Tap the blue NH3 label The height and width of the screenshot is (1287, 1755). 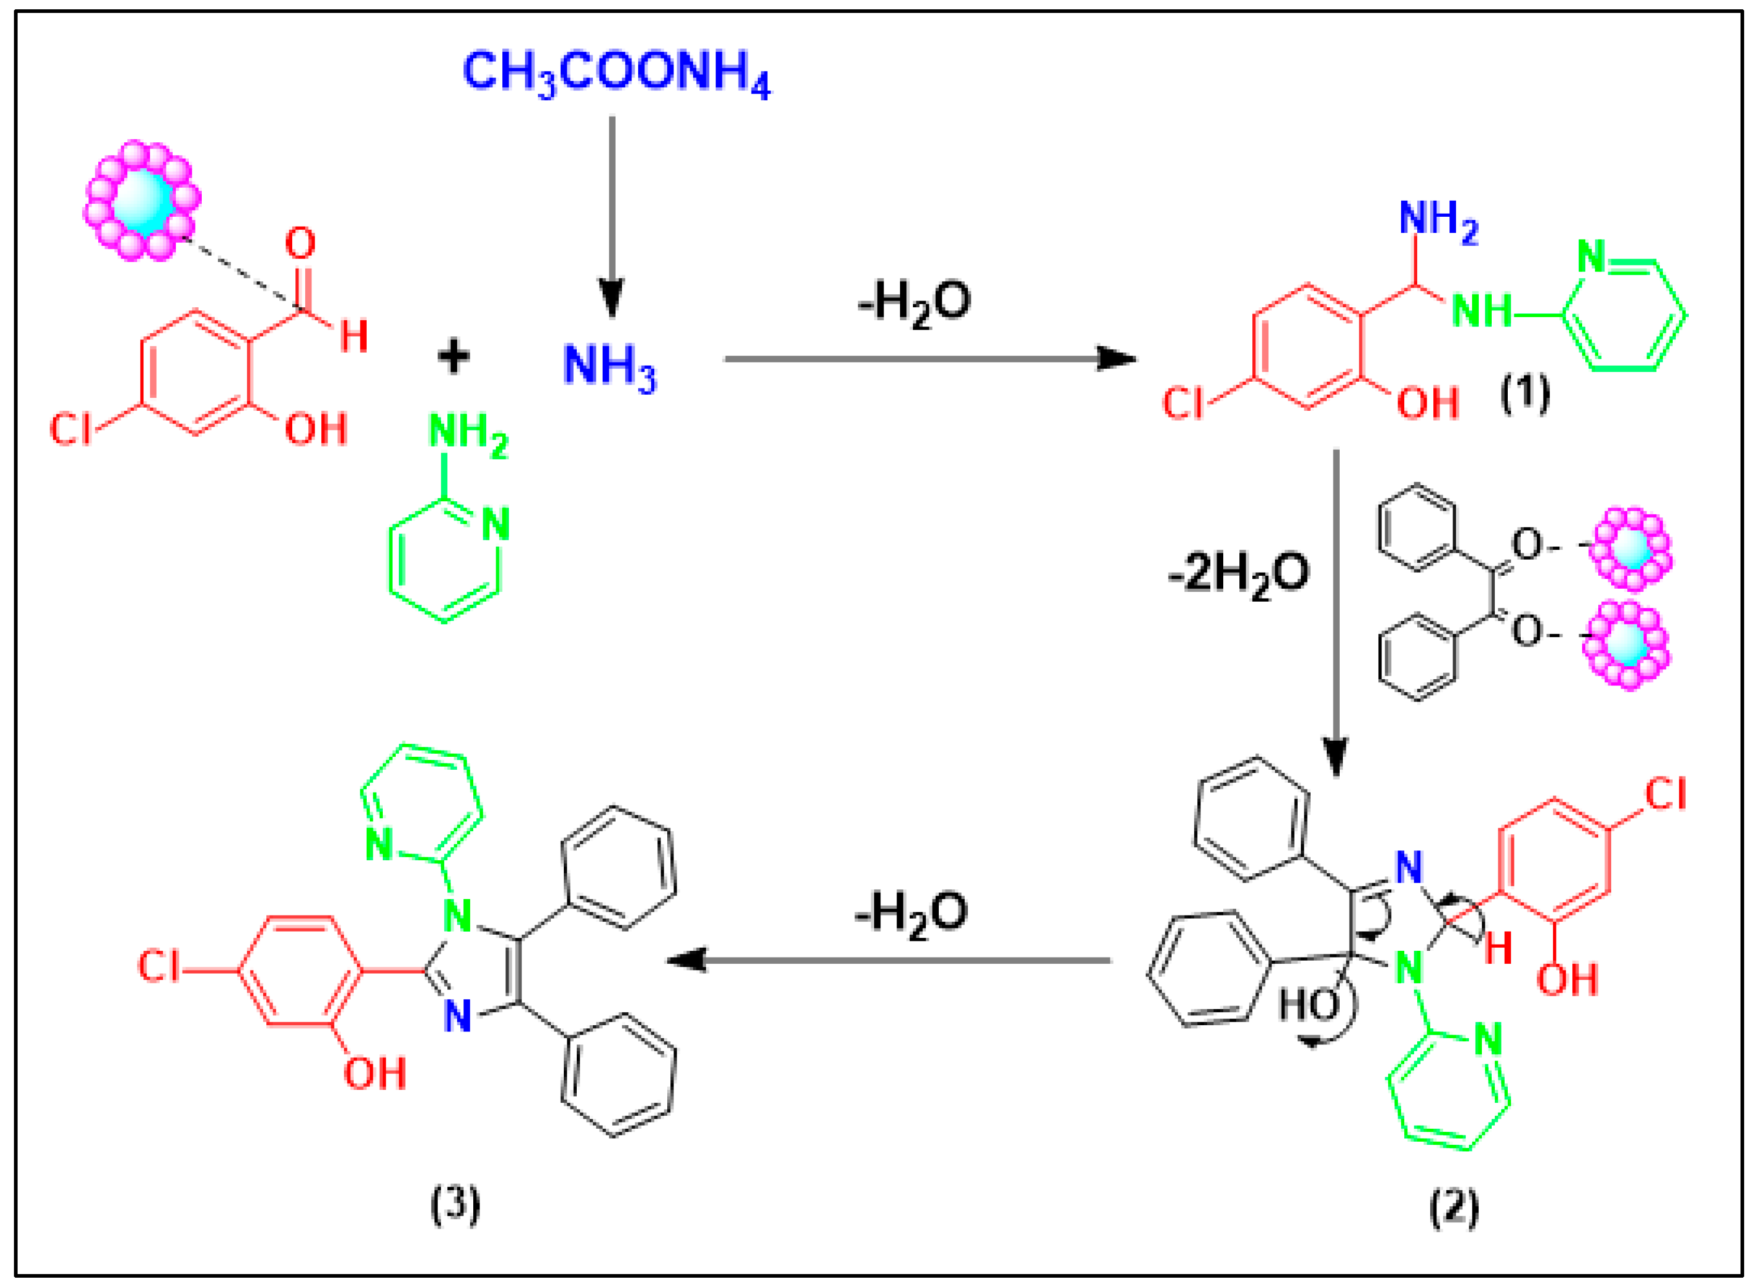coord(610,366)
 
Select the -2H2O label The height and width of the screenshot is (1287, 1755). coord(1239,576)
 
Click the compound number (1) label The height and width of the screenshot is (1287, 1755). coord(1525,394)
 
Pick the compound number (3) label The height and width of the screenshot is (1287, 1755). coord(456,1205)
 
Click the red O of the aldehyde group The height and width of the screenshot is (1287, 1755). coord(300,244)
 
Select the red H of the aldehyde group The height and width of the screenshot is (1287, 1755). coord(354,337)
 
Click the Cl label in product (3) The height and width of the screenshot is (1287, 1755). coord(158,967)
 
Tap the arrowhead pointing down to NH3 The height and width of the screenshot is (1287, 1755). coord(611,300)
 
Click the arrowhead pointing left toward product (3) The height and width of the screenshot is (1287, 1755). coord(685,960)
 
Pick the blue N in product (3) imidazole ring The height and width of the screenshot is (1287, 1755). coord(458,1016)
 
